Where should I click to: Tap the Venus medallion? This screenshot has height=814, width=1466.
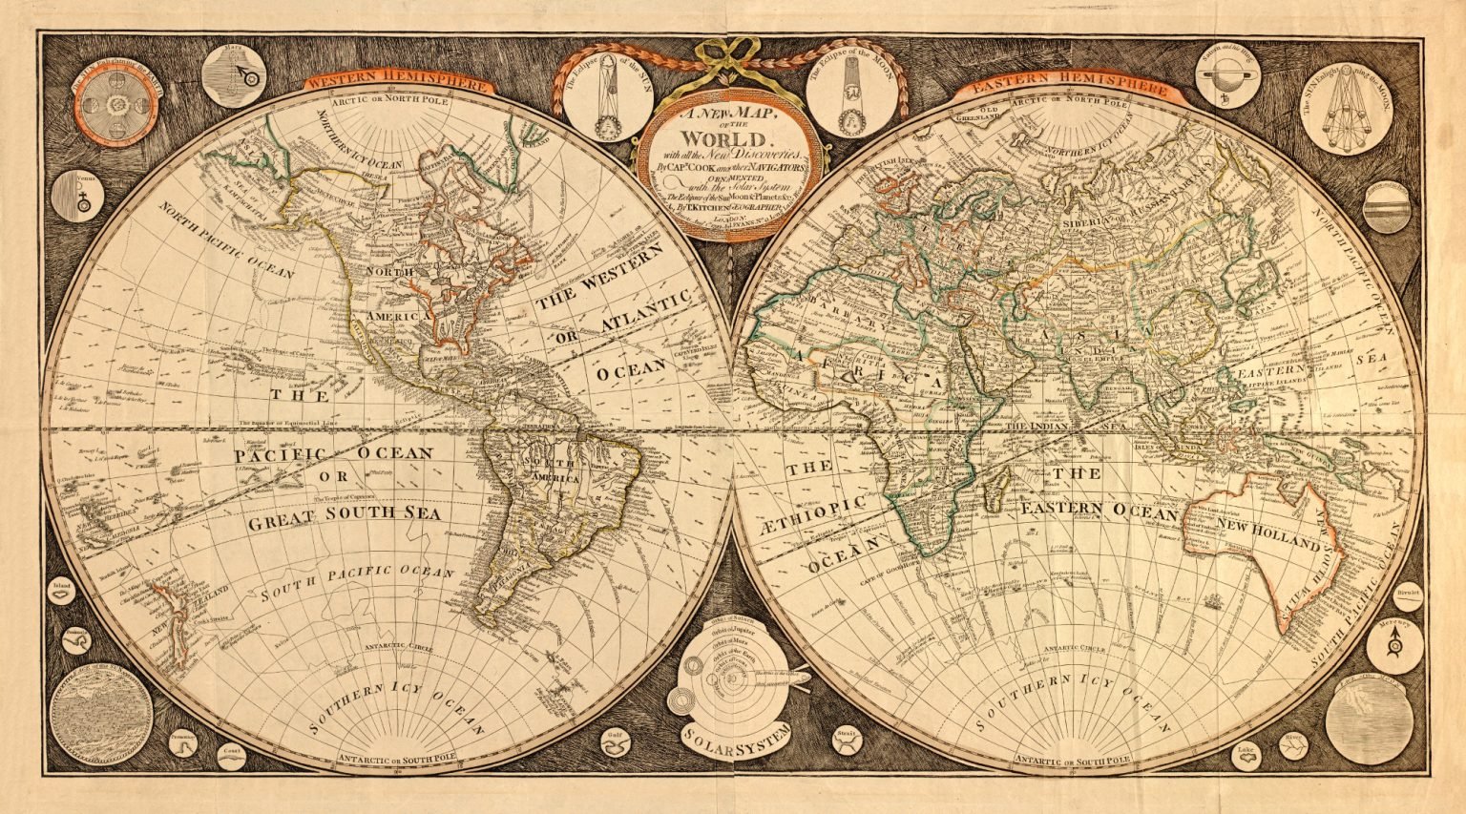tap(77, 198)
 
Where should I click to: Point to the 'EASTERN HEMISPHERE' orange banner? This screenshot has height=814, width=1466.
tap(1069, 86)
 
